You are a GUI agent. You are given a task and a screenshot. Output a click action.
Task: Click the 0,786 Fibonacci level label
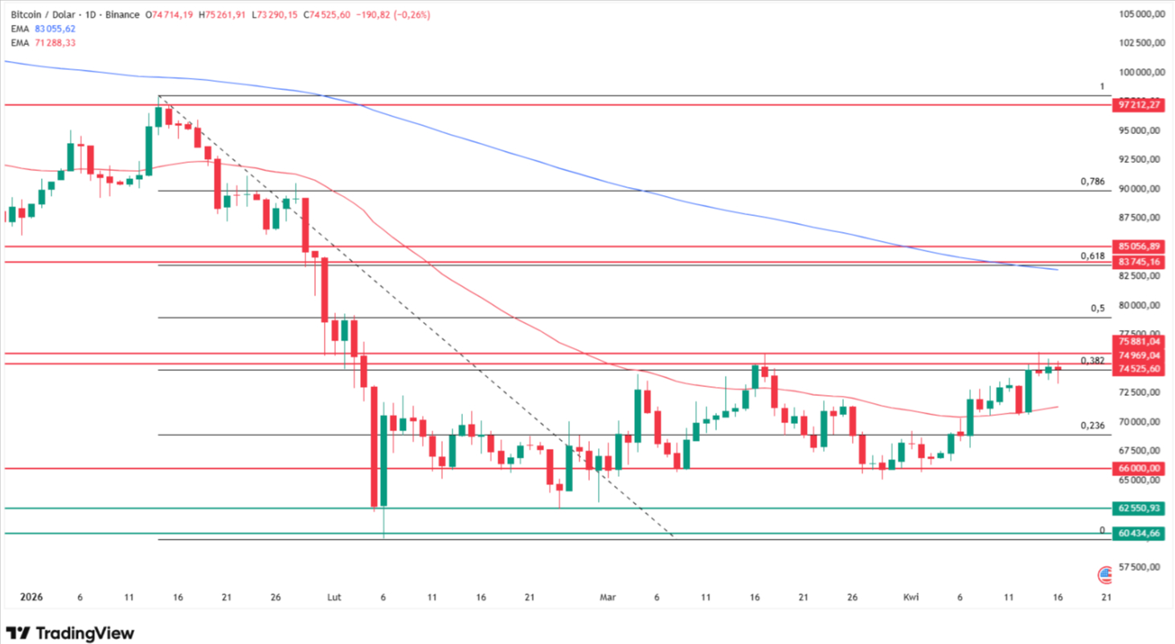click(1092, 181)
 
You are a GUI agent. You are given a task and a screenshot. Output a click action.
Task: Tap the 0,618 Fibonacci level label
click(1092, 255)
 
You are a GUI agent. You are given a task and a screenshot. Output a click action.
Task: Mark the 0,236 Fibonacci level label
click(1092, 426)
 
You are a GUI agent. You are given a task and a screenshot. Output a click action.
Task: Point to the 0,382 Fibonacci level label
click(1092, 361)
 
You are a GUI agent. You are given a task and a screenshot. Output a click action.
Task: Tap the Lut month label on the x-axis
click(334, 598)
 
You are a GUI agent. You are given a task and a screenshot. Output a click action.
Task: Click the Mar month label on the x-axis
click(608, 598)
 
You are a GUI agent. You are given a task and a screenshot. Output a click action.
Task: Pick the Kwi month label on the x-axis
click(911, 598)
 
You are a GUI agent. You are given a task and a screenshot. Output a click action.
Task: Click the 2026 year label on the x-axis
click(31, 598)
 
